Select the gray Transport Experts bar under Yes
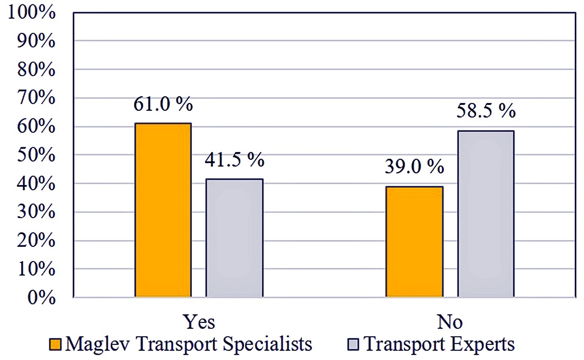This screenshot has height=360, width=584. pos(235,238)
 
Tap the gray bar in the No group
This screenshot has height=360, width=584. pos(486,214)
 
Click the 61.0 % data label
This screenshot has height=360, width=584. pos(163,104)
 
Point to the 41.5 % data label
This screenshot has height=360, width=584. pos(235,161)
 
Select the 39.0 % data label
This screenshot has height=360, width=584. pos(414,168)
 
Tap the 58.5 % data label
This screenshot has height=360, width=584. pos(486,112)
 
